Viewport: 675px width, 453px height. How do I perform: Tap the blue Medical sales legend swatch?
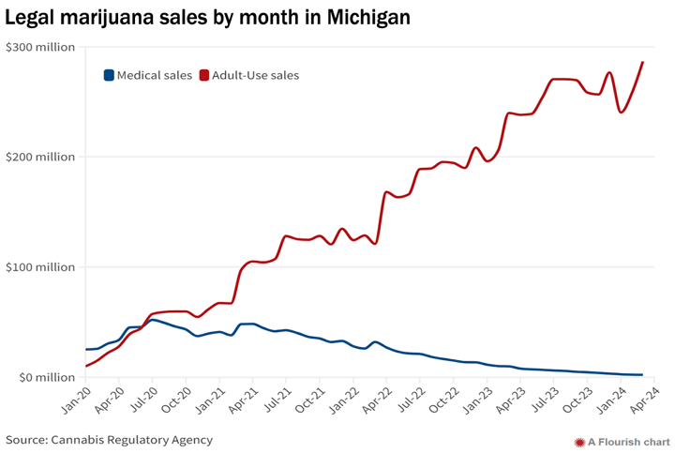109,75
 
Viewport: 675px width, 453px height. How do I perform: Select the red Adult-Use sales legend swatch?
205,75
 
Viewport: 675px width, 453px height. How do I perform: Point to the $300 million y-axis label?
39,47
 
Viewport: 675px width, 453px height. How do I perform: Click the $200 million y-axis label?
39,157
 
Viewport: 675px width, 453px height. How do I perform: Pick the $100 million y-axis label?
39,267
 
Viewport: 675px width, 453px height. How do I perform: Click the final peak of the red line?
642,63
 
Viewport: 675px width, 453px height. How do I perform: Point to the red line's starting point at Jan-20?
86,366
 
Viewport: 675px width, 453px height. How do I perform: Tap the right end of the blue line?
642,375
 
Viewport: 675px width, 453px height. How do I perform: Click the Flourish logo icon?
579,441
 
